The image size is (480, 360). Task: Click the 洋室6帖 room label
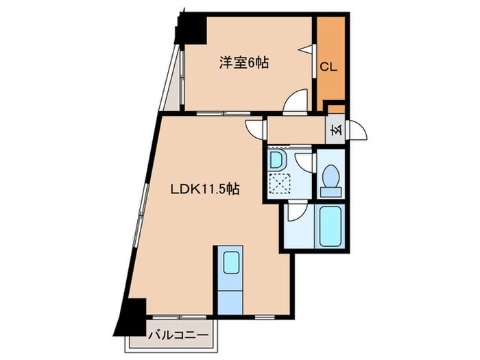point(243,63)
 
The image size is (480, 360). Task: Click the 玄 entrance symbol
point(335,129)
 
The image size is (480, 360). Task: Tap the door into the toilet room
point(304,163)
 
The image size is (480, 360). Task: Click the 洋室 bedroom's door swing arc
point(297,101)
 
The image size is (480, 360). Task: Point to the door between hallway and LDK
point(255,128)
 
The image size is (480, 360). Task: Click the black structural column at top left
point(191,29)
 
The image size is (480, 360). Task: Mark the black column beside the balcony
point(132,313)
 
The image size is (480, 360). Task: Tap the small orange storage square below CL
point(335,108)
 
